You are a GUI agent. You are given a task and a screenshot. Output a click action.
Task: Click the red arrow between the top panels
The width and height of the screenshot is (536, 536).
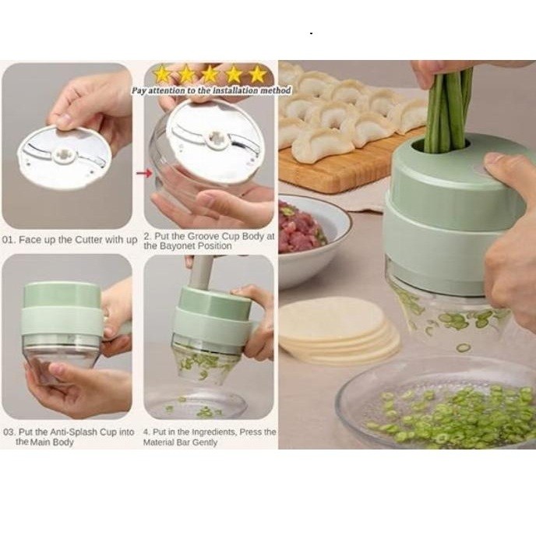144,173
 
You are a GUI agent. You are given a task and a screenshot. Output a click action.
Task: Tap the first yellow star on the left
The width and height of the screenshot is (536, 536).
162,74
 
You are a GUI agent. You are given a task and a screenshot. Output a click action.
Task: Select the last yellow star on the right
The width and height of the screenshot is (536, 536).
258,74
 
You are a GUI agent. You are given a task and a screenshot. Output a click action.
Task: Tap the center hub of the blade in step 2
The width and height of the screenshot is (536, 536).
216,139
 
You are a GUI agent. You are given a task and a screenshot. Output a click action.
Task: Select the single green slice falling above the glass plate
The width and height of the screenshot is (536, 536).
463,348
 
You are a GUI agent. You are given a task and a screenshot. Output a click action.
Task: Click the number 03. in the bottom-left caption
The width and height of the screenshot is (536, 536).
9,432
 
